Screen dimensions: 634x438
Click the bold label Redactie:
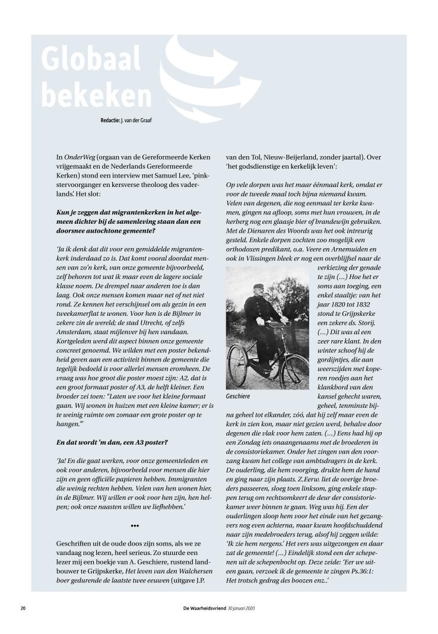pyautogui.click(x=113, y=122)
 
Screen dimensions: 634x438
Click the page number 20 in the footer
pyautogui.click(x=23, y=608)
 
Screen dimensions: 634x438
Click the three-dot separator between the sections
pyautogui.click(x=135, y=527)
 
